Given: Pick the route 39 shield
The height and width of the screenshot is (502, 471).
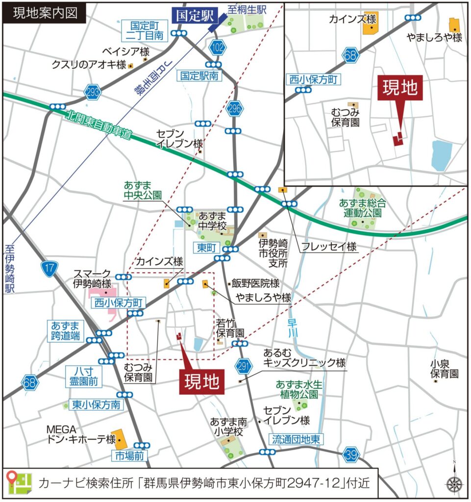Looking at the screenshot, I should (350, 454).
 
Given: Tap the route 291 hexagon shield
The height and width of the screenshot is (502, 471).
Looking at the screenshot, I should (243, 365).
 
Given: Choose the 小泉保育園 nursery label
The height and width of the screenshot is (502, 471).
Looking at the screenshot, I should (445, 369).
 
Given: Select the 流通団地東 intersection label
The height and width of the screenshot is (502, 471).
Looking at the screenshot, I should (297, 439).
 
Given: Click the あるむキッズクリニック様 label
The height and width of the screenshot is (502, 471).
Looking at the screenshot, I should (304, 357).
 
